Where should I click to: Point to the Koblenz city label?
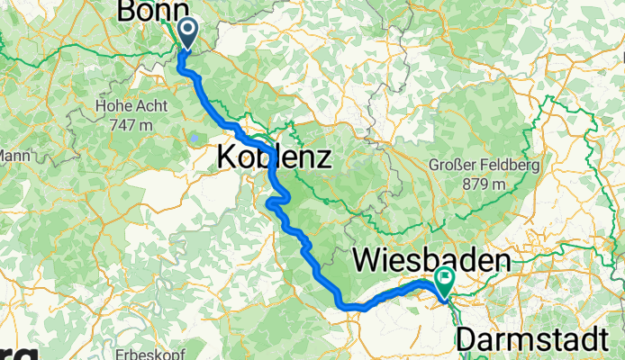(275, 158)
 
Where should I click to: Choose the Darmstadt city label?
(539, 340)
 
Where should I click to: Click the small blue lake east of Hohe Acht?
(194, 138)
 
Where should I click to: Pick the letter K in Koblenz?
(226, 158)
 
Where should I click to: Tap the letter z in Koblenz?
(325, 159)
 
